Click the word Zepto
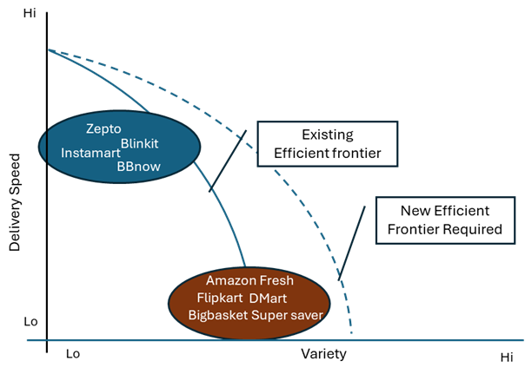103,129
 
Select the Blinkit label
143,141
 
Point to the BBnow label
139,165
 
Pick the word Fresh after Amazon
276,280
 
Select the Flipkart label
220,298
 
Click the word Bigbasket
217,315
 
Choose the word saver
307,315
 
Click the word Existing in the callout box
328,135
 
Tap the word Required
470,229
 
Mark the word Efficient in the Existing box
301,154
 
